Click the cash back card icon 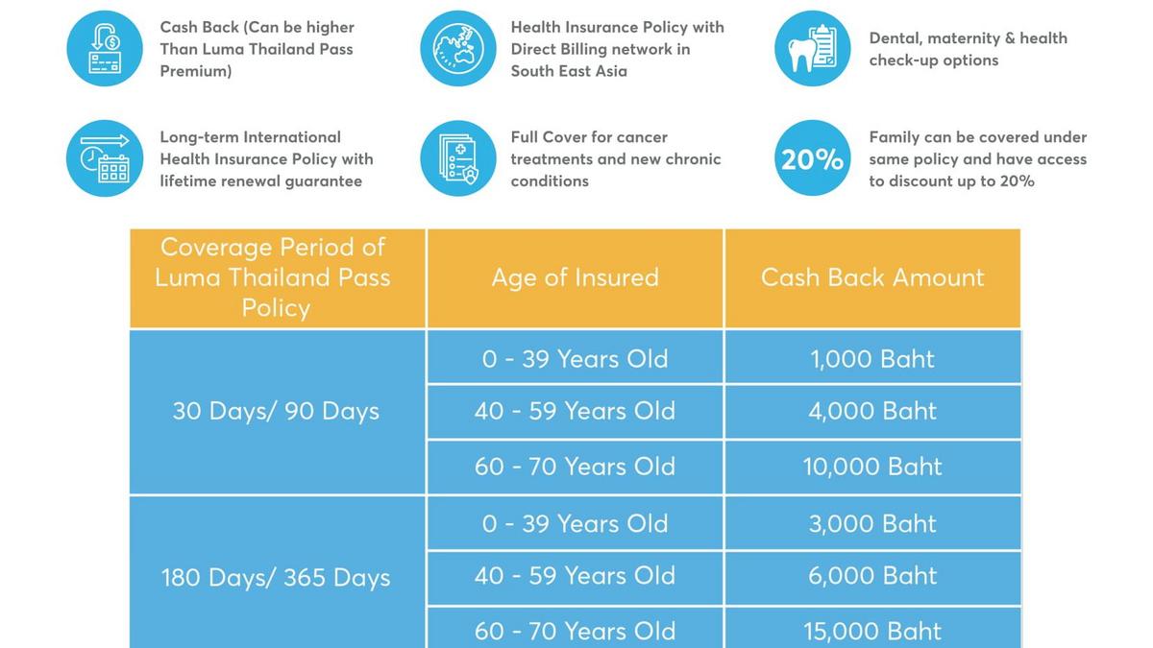105,48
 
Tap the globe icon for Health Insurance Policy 458,48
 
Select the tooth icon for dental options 812,48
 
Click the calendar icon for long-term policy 105,158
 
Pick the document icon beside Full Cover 458,158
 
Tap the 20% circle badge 812,158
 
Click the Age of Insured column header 575,277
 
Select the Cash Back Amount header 872,277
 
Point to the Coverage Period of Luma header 276,277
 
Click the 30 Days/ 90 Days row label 276,411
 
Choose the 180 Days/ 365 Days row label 276,578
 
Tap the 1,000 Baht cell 872,359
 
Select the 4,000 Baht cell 872,411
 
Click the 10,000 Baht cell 872,467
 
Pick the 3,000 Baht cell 872,523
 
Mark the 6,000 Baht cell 872,576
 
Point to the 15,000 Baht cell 872,631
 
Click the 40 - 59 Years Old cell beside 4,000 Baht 575,411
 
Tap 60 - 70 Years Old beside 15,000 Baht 575,631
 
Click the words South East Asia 569,71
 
